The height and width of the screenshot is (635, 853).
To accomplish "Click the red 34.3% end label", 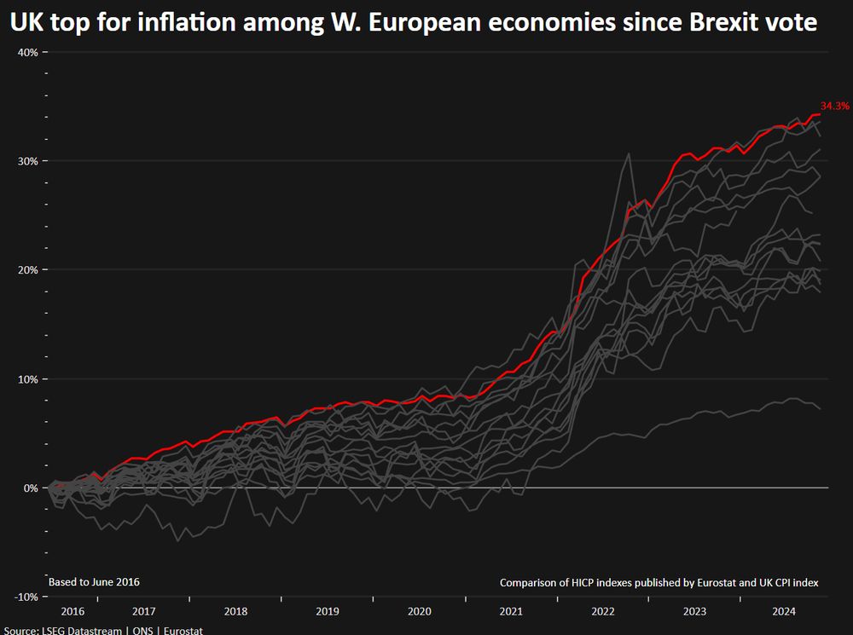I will coord(835,106).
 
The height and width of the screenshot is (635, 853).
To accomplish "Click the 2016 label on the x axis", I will coord(73,612).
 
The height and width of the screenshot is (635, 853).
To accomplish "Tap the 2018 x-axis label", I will coord(235,612).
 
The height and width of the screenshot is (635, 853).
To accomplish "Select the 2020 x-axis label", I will coord(420,612).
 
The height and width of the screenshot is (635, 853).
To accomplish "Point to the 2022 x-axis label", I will coord(603,612).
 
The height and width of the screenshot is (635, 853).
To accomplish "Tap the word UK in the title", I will coord(26,24).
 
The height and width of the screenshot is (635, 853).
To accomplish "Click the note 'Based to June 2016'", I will coord(94,582).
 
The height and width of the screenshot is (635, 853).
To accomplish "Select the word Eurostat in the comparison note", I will coord(711,583).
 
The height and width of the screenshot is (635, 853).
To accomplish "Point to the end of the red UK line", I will coord(820,114).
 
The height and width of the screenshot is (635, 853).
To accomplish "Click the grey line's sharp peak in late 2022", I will coord(629,154).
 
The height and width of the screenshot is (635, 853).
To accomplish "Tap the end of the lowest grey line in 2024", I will coord(820,408).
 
